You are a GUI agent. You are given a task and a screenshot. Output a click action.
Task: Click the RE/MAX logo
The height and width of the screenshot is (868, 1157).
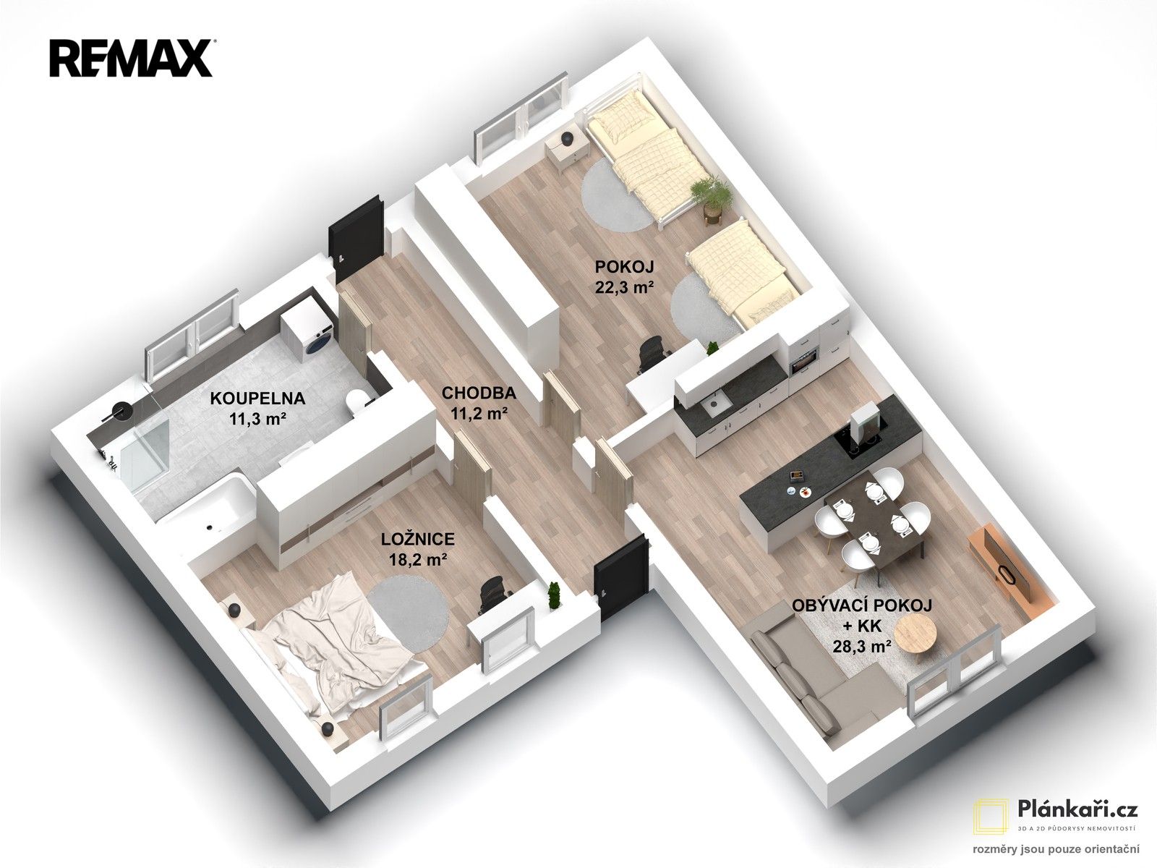point(132,59)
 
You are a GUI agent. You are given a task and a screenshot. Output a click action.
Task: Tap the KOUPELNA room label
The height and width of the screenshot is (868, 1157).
point(257,398)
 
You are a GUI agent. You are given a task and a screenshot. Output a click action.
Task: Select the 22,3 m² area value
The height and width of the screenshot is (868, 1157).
point(625,286)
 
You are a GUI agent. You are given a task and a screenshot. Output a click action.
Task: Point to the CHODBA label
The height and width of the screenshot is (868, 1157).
point(479,393)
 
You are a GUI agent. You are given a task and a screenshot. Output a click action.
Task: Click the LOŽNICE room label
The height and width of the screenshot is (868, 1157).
point(418,539)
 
